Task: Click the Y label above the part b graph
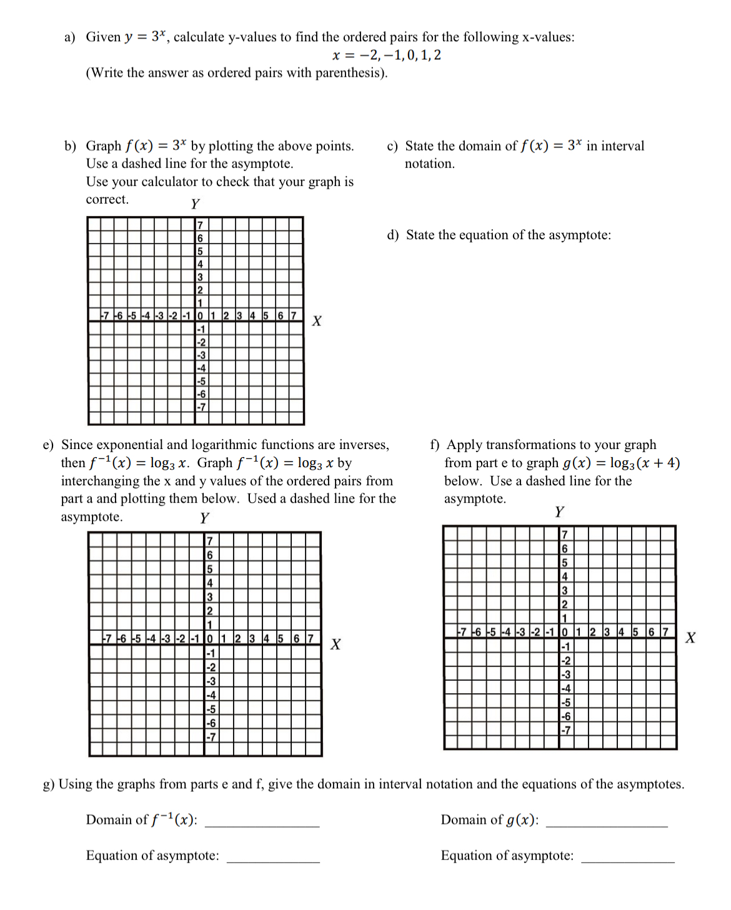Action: click(196, 204)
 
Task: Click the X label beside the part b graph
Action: click(317, 321)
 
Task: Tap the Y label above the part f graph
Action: click(559, 512)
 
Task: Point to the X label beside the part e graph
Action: click(336, 645)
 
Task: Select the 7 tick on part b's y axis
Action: click(200, 225)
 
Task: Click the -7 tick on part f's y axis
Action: click(566, 730)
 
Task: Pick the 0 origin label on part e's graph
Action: click(209, 638)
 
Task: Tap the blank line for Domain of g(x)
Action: click(606, 825)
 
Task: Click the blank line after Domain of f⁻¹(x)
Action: click(262, 825)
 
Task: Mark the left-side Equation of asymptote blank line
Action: click(273, 861)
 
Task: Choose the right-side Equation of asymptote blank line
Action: click(627, 861)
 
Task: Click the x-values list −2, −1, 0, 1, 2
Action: click(387, 55)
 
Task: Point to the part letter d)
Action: click(392, 235)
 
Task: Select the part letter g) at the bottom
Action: click(49, 784)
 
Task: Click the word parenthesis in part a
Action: click(350, 73)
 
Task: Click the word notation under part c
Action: click(429, 164)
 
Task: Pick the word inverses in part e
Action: click(363, 445)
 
